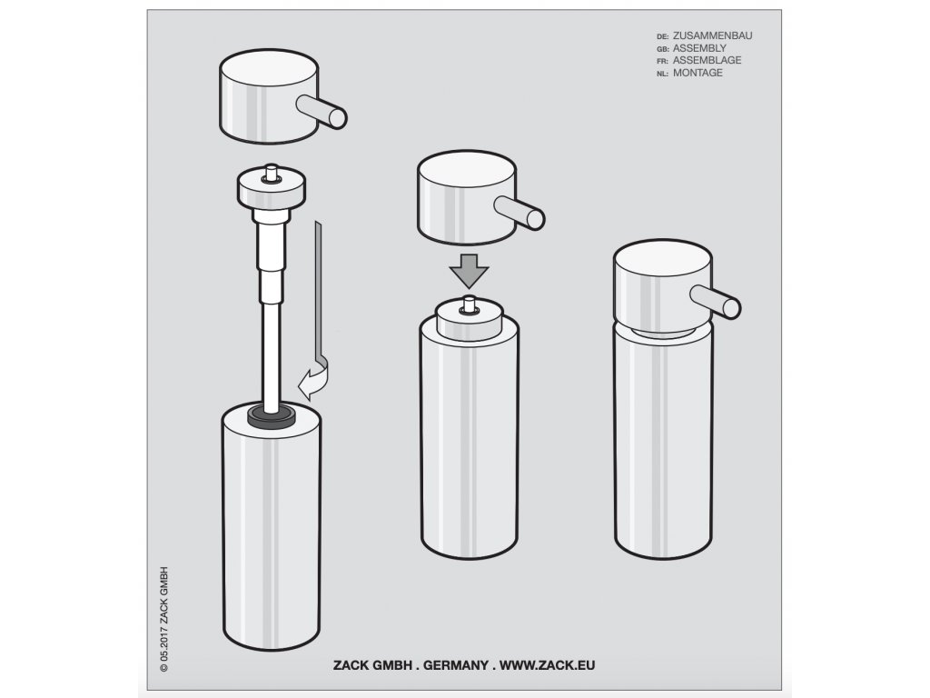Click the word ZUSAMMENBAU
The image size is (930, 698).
[x=712, y=35]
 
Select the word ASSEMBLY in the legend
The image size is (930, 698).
[x=699, y=48]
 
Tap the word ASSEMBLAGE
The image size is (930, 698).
[x=707, y=60]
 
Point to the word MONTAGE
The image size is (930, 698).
[x=697, y=73]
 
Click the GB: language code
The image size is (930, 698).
[x=662, y=49]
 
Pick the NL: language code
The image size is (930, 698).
[x=662, y=74]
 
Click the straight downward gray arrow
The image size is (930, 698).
[x=470, y=271]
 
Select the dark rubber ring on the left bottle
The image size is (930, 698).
[x=272, y=416]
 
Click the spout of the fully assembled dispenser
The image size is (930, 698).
[x=716, y=301]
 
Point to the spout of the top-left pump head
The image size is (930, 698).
[x=322, y=112]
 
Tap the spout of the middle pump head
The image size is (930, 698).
[x=519, y=213]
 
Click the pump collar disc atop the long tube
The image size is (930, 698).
[x=272, y=187]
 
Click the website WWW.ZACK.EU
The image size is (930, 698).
[x=547, y=665]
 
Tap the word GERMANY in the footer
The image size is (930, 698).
[x=456, y=665]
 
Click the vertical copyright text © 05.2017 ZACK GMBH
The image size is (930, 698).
[x=164, y=619]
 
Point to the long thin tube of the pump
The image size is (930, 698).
[x=272, y=355]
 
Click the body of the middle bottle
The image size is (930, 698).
[x=470, y=439]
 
